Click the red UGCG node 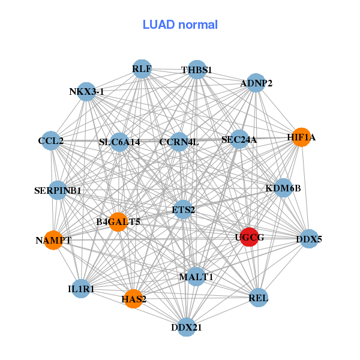tap(249, 237)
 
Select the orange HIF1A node tap(301, 137)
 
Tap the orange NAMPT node tap(53, 240)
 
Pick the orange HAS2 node tap(133, 298)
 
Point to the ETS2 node tap(183, 209)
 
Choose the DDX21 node tap(187, 327)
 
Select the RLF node tap(142, 68)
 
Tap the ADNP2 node tap(256, 83)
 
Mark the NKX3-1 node tap(87, 92)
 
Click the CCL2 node tap(51, 141)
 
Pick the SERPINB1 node tap(58, 191)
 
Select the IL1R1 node tap(82, 289)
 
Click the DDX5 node tap(309, 239)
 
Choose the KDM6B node tap(283, 188)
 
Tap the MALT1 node tap(196, 277)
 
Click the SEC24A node tap(239, 140)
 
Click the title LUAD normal tap(180, 25)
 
